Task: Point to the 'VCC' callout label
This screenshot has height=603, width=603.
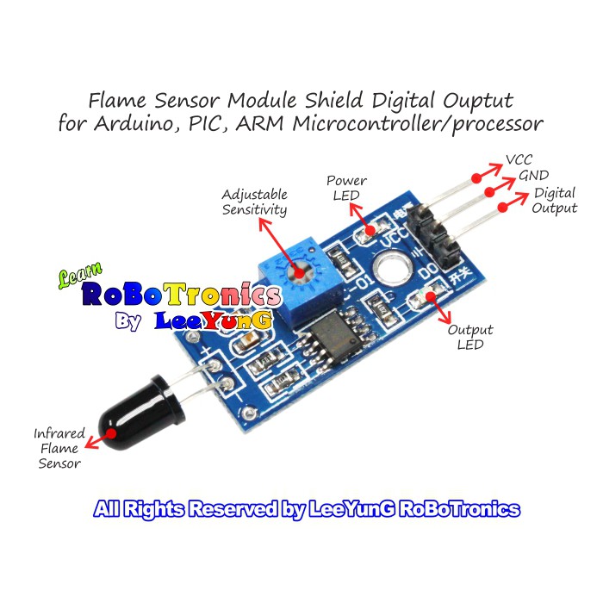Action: point(519,159)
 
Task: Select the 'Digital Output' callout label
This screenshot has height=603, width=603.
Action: point(555,201)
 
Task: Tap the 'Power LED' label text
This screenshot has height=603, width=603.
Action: point(346,188)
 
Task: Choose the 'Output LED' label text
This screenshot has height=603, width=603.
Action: point(470,337)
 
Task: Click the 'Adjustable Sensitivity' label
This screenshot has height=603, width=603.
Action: point(255,202)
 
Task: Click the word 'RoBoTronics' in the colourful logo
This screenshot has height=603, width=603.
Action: point(181,295)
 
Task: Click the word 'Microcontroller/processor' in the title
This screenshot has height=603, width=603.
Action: point(419,123)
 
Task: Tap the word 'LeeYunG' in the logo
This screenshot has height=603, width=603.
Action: point(214,320)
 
